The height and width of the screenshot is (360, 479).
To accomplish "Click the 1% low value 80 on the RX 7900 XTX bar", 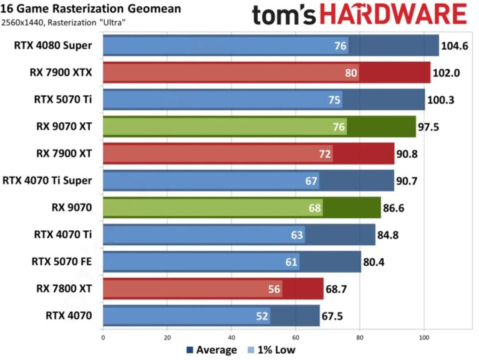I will pos(351,72).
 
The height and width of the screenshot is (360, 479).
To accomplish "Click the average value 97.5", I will pos(431,127).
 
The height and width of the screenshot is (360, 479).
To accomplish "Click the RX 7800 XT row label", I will pos(64,288).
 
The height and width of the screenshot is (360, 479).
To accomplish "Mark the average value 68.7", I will pos(339,288).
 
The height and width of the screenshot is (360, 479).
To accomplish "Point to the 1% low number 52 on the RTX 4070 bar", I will pos(262,316).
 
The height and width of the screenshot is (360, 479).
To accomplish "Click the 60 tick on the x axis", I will pos(296,338).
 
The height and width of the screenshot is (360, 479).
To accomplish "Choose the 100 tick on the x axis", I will pos(424,338).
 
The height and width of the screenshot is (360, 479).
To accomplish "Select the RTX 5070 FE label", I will pos(61,261).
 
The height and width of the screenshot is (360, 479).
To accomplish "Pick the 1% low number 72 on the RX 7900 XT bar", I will pos(326,153).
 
